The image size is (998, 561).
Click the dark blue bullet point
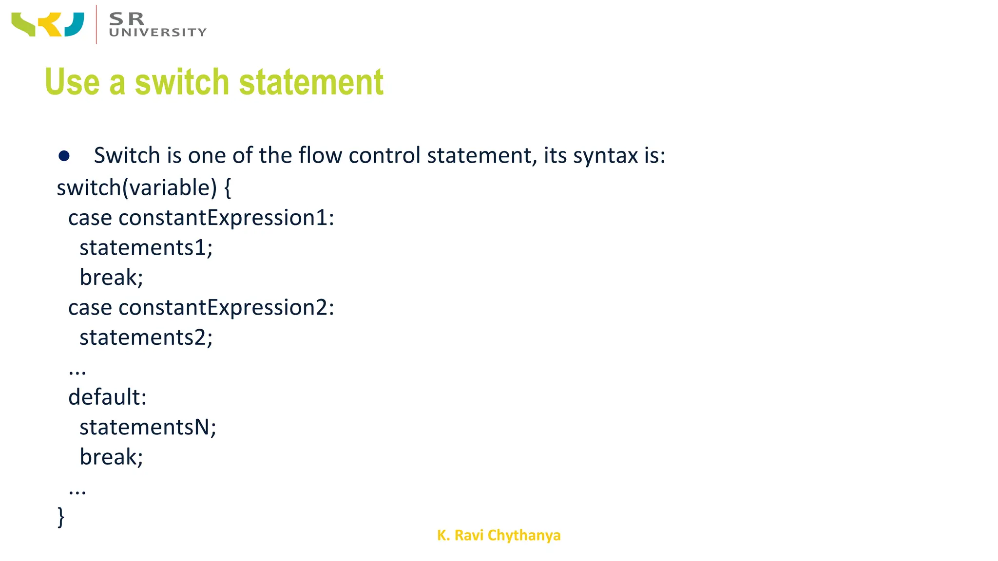pos(64,156)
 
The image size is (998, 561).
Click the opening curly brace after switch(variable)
pos(228,188)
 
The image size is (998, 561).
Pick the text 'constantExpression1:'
pos(226,218)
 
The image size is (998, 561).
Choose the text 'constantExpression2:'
pos(226,308)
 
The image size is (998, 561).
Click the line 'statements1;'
pos(146,248)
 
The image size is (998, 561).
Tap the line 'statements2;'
pos(146,337)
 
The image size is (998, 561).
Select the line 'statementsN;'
pos(148,427)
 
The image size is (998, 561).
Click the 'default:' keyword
pos(107,397)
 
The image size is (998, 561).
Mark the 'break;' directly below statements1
pos(111,278)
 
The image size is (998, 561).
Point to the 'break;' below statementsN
pos(111,457)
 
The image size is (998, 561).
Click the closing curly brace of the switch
pos(61,517)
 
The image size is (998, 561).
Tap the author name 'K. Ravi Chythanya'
pos(499,535)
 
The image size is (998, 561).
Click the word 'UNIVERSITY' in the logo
pos(158,33)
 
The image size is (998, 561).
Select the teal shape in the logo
pos(74,24)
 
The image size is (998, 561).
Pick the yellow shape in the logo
pos(50,25)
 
